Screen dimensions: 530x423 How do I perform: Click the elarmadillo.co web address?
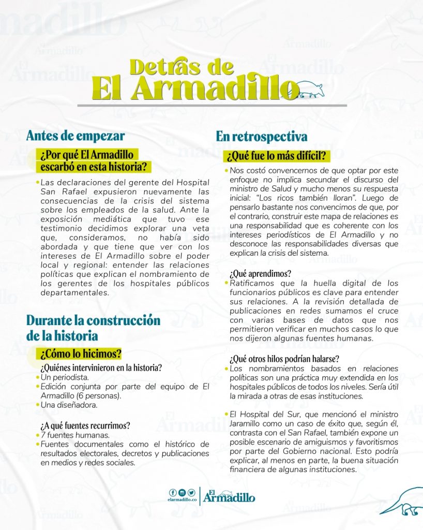182,500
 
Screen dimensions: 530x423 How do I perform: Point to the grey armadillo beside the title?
310,90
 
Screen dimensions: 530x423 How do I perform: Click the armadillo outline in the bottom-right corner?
401,502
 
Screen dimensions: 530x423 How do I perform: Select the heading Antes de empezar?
75,136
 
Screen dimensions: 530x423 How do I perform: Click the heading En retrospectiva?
262,137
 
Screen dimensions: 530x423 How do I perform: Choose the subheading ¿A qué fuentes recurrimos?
85,425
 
